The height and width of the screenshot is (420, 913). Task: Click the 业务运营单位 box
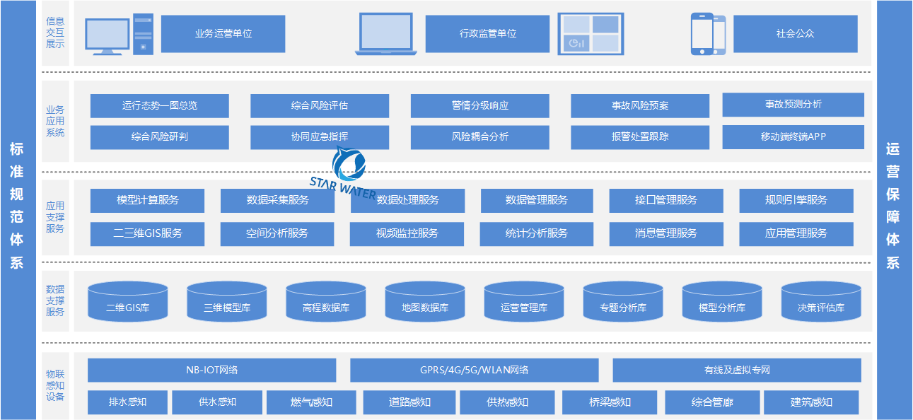pos(223,34)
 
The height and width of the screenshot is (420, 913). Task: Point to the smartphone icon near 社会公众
pos(708,34)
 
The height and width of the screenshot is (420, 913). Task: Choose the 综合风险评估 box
pos(319,106)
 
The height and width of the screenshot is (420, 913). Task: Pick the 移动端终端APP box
pos(793,137)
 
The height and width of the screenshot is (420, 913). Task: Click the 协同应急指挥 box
pos(319,137)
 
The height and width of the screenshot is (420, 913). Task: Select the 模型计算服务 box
pos(147,200)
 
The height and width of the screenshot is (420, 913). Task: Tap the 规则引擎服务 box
pos(796,200)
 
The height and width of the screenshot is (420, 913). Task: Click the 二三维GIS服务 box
pos(147,233)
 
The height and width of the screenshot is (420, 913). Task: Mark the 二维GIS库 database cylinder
pos(127,301)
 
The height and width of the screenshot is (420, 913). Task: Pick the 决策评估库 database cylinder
pos(820,301)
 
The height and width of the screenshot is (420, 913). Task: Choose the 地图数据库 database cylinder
pos(424,301)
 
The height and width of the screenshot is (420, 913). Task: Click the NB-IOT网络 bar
pos(211,370)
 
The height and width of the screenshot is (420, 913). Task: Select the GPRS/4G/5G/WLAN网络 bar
pos(474,370)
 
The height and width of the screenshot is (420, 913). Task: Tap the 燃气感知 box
pos(311,402)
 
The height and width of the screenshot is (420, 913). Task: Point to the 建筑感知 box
pos(810,402)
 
